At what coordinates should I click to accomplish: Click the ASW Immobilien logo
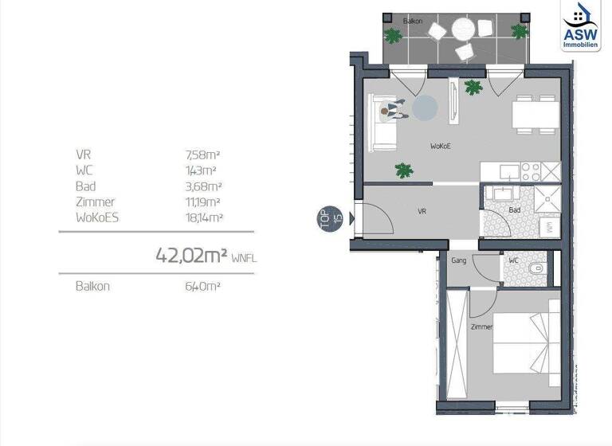[580, 25]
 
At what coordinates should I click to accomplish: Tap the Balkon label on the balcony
[411, 22]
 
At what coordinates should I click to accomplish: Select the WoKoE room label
[441, 147]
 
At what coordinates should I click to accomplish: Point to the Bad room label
[514, 210]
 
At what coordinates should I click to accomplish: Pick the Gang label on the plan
[458, 260]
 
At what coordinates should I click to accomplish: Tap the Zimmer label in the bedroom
[481, 327]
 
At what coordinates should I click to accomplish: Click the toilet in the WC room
[539, 268]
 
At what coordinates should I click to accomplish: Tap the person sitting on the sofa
[390, 111]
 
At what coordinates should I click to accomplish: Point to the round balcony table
[463, 29]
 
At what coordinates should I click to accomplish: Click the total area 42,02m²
[191, 256]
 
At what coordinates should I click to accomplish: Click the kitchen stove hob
[530, 170]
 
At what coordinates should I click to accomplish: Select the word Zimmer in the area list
[95, 201]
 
